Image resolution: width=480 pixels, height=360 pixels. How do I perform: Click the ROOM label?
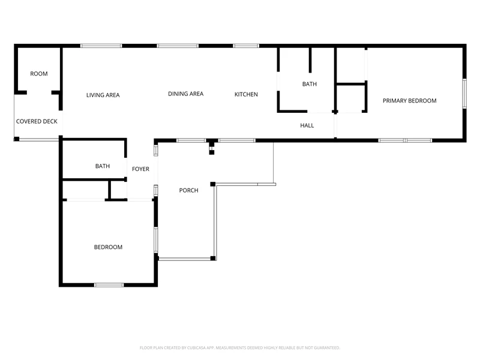tap(39, 74)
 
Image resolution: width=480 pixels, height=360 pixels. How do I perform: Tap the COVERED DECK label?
tap(37, 122)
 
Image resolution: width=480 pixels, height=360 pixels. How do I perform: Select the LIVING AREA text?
tap(103, 95)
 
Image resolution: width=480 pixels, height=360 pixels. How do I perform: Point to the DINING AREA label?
tap(186, 94)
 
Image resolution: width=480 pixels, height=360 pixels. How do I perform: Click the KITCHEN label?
tap(246, 95)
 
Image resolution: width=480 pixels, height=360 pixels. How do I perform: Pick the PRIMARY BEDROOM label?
tap(410, 101)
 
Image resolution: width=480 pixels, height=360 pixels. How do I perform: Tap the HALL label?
tap(307, 125)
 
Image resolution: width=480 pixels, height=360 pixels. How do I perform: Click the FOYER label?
tap(141, 169)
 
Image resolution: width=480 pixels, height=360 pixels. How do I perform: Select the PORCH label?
tap(189, 190)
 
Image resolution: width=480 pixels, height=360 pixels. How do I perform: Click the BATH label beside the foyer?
tap(103, 166)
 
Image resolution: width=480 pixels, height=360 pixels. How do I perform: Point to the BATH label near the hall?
tap(310, 84)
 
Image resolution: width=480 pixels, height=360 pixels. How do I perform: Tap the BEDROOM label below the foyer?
tap(108, 247)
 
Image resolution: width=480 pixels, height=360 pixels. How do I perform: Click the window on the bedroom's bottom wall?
tap(109, 285)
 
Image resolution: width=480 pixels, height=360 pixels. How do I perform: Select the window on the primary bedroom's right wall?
tap(464, 94)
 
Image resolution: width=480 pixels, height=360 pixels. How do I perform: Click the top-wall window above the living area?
tap(101, 46)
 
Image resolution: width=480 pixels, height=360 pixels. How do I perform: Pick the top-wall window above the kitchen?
tap(246, 46)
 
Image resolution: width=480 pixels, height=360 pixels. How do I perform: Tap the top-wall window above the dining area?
tap(178, 46)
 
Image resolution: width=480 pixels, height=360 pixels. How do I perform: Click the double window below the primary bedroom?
tap(406, 140)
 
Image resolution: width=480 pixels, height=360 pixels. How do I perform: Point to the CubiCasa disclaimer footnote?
tap(239, 348)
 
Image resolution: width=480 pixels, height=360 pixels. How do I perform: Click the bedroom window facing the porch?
tap(156, 240)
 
